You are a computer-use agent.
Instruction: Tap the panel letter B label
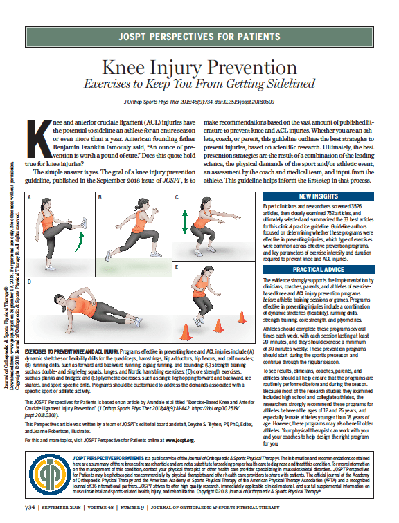[x=100, y=198]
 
